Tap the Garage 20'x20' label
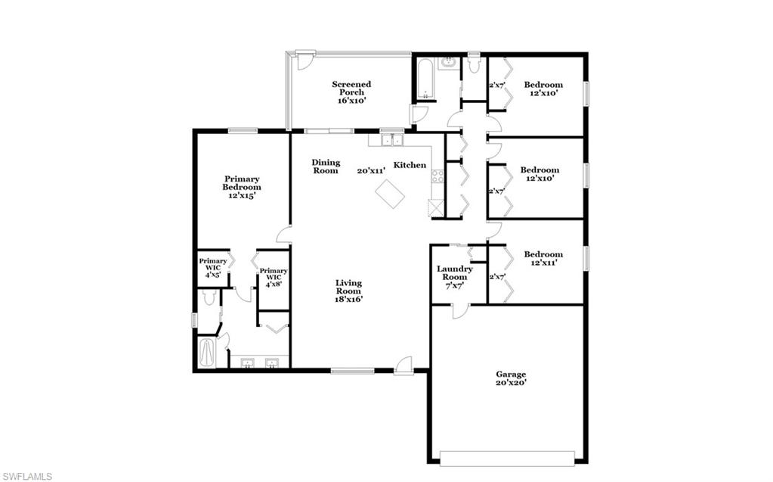tap(511, 378)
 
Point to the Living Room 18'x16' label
tap(349, 291)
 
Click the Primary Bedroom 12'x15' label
tap(242, 187)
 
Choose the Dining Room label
tap(326, 166)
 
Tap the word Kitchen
tap(410, 166)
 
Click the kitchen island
tap(390, 193)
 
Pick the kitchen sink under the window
tap(391, 140)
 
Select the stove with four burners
tap(437, 177)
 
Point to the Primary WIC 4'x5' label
tap(213, 269)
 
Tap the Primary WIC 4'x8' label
tap(274, 277)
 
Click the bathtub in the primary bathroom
tap(206, 352)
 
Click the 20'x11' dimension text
tap(372, 171)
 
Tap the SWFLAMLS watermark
tap(26, 476)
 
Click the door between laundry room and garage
tap(457, 310)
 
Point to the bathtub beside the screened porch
tap(425, 81)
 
